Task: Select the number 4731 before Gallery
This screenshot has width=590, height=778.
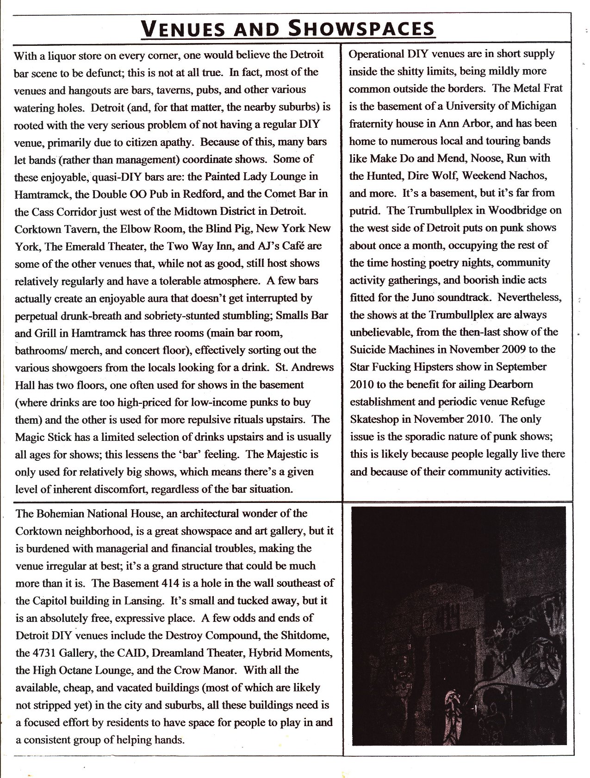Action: point(47,653)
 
